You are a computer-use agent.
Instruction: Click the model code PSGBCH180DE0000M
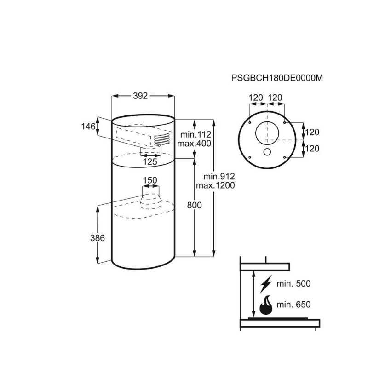tap(277, 78)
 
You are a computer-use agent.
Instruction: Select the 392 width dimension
tap(140, 96)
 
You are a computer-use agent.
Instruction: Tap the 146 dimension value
tap(88, 126)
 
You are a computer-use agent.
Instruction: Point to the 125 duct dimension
tap(150, 162)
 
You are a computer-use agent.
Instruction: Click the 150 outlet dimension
tap(150, 180)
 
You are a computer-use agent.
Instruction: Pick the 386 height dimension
tap(98, 238)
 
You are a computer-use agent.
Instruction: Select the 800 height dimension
tap(194, 205)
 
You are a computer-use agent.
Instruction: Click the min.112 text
tap(196, 135)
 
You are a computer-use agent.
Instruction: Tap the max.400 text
tap(194, 144)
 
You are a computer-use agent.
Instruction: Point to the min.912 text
tap(219, 176)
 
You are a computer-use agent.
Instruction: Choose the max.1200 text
tap(215, 185)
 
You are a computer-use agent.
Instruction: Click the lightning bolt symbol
tap(266, 284)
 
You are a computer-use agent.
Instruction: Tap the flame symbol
tap(266, 305)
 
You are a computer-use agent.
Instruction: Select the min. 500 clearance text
tap(293, 283)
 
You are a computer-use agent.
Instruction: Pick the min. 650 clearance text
tap(293, 305)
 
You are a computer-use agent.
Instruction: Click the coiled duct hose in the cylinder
tap(161, 140)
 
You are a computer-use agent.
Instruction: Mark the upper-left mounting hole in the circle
tap(250, 123)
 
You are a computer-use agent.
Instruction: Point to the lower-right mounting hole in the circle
tap(284, 157)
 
